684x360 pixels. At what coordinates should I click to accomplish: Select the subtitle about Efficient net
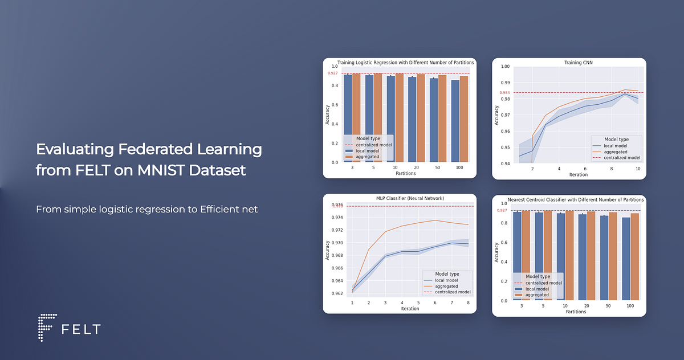(146, 210)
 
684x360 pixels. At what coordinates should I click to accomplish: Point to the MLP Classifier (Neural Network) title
(410, 198)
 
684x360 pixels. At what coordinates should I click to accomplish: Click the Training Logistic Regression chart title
(405, 62)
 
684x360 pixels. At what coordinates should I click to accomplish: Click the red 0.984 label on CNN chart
(504, 93)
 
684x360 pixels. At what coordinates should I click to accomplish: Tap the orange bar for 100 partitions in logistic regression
(464, 118)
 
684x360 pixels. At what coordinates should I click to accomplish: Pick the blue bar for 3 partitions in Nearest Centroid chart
(516, 256)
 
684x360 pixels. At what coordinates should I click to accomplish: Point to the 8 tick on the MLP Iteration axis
(468, 302)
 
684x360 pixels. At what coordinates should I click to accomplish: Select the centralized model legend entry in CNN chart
(622, 158)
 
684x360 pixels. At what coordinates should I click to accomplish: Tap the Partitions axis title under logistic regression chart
(405, 173)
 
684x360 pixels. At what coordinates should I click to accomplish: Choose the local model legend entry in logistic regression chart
(368, 150)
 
